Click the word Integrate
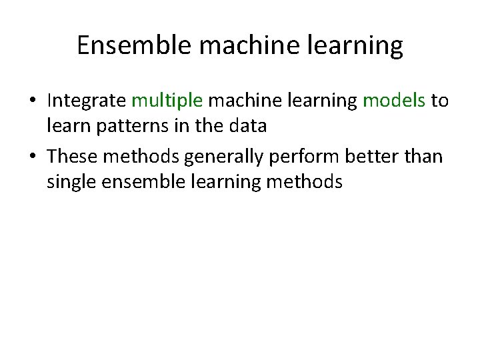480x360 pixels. pos(87,101)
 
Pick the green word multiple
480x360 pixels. pos(167,101)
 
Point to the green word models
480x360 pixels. pos(393,101)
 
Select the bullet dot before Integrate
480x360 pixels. pos(32,101)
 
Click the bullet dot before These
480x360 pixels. pos(32,157)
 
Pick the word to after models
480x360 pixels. pos(440,101)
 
